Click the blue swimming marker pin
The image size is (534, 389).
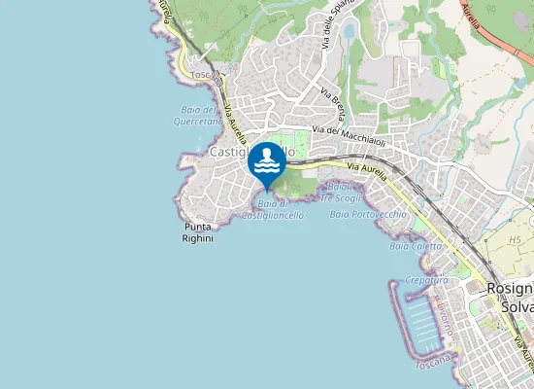click(x=267, y=162)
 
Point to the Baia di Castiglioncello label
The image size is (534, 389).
click(x=273, y=209)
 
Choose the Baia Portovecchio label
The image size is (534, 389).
click(x=368, y=213)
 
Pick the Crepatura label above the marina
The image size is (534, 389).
click(x=426, y=279)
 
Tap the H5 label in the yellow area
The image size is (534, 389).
click(x=515, y=239)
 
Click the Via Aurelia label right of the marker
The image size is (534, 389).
click(x=367, y=170)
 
